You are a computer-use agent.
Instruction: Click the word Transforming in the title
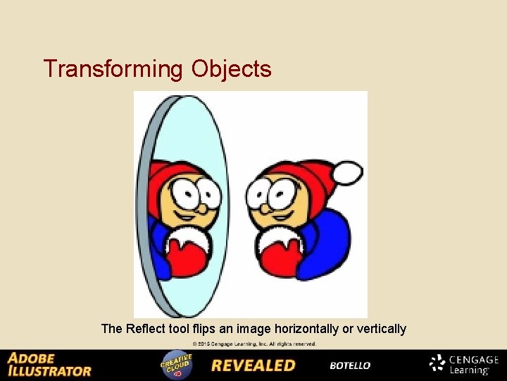(x=113, y=69)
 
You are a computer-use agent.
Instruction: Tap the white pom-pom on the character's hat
(x=348, y=173)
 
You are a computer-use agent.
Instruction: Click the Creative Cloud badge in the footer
(x=176, y=363)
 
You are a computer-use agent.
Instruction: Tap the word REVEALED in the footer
(x=253, y=365)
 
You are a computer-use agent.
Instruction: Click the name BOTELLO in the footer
(x=350, y=365)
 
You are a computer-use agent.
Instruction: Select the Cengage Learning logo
(x=464, y=364)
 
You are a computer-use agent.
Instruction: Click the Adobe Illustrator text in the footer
(x=49, y=364)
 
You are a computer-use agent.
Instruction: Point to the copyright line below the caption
(x=254, y=344)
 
